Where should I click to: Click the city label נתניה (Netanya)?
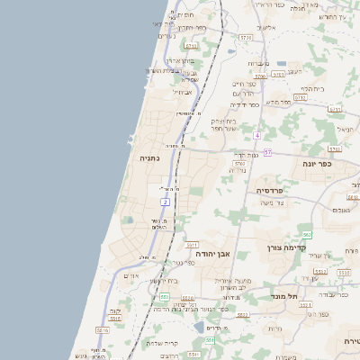pyautogui.click(x=148, y=157)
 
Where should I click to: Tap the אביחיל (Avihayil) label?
pyautogui.click(x=182, y=92)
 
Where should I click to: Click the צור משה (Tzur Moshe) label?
pyautogui.click(x=270, y=202)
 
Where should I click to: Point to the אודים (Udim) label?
pyautogui.click(x=130, y=275)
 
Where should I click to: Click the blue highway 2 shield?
pyautogui.click(x=166, y=202)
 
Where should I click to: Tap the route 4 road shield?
pyautogui.click(x=256, y=135)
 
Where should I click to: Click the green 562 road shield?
pyautogui.click(x=307, y=234)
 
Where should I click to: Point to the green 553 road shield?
pyautogui.click(x=165, y=296)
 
